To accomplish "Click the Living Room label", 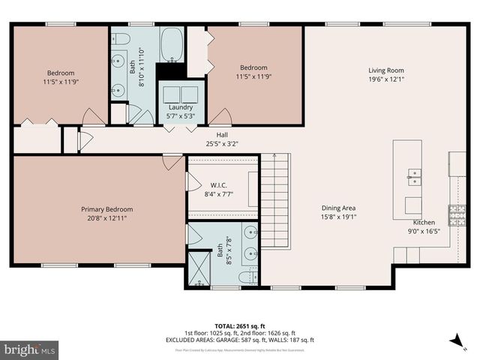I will (x=386, y=70).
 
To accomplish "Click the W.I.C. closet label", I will (x=219, y=184).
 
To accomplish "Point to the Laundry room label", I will (x=181, y=107).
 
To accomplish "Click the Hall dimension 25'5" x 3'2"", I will (x=222, y=144).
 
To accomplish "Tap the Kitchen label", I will (x=424, y=223).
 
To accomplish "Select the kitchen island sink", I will (x=412, y=177).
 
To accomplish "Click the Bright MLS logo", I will (x=30, y=349).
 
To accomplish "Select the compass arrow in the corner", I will (x=454, y=340).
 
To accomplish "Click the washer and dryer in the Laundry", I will (x=180, y=94).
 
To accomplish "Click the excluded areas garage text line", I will (x=240, y=340).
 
